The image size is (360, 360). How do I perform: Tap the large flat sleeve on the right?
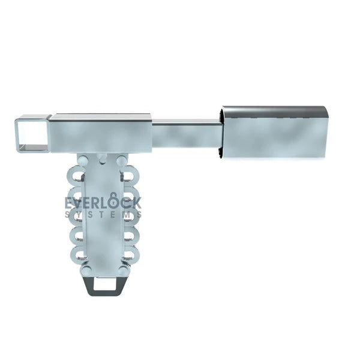pyautogui.click(x=274, y=133)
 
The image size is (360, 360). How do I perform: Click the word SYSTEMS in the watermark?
pyautogui.click(x=103, y=215)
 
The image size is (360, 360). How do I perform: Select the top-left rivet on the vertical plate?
pyautogui.click(x=85, y=161)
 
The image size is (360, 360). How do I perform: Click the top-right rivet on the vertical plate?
pyautogui.click(x=122, y=161)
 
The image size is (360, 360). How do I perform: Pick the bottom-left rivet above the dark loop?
pyautogui.click(x=86, y=271)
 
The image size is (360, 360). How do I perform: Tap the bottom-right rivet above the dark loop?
pyautogui.click(x=123, y=271)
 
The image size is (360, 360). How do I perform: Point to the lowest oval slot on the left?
pyautogui.click(x=77, y=252)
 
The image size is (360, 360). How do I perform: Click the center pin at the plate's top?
pyautogui.click(x=103, y=158)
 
